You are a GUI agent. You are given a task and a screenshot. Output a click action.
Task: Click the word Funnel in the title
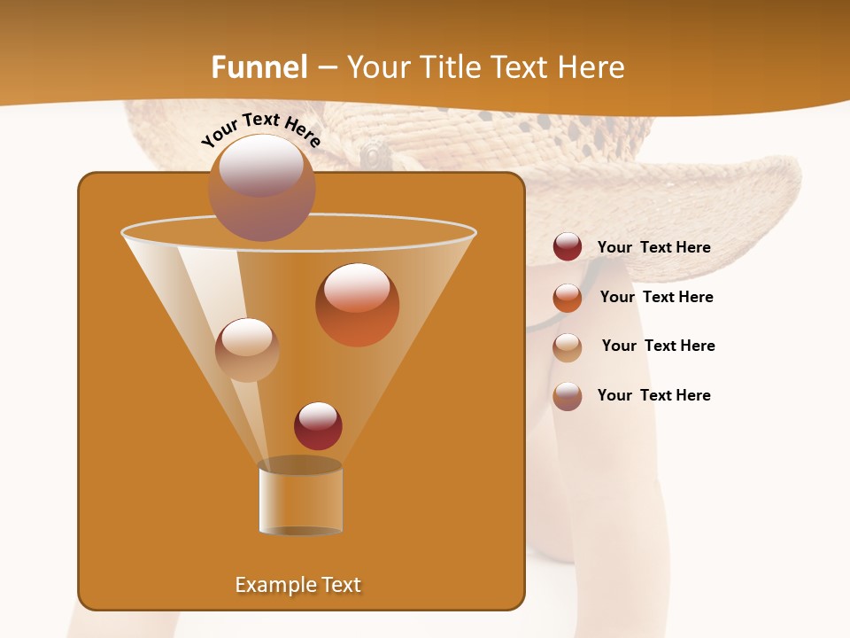pos(259,67)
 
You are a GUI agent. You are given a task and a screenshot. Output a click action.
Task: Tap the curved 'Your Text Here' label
pos(261,130)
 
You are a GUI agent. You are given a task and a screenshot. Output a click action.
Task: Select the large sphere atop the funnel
pos(261,187)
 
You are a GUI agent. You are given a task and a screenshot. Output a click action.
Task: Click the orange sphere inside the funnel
pos(357,304)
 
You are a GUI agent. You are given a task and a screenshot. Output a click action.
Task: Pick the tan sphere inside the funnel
pos(247,350)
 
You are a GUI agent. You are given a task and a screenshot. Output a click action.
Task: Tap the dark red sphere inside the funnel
pos(318,425)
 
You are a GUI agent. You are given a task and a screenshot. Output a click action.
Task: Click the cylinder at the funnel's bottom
pos(300,496)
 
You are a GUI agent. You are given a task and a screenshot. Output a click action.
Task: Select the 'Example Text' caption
pos(298,585)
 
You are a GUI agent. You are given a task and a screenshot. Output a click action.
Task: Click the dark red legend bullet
pos(568,247)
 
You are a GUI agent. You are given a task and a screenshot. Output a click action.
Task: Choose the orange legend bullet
pos(568,297)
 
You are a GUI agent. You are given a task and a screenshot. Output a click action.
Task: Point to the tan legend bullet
pos(568,346)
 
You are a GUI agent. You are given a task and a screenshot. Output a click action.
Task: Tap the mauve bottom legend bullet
pos(568,396)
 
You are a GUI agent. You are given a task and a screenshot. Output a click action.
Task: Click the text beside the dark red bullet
pos(653,248)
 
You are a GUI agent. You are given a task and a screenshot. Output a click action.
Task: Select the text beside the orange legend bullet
pos(656,297)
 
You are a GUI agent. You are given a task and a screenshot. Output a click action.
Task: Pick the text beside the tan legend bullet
pos(658,346)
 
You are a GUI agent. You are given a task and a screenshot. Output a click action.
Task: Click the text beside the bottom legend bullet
pos(653,395)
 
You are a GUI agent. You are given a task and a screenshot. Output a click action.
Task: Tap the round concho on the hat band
pos(376,155)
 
